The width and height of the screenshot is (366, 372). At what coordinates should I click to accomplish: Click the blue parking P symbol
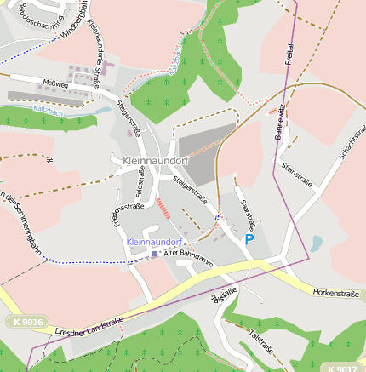(x=249, y=241)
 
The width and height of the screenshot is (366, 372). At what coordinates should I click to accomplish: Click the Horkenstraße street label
(x=337, y=292)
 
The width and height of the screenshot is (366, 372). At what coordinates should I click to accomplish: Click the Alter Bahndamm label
(x=186, y=254)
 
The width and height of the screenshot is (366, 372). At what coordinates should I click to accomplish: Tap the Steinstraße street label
(x=298, y=177)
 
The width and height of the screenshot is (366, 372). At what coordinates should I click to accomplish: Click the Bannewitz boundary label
(x=279, y=125)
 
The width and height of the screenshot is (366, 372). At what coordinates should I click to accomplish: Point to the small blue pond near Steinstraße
(x=316, y=245)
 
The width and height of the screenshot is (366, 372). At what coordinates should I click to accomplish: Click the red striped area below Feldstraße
(x=163, y=209)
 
